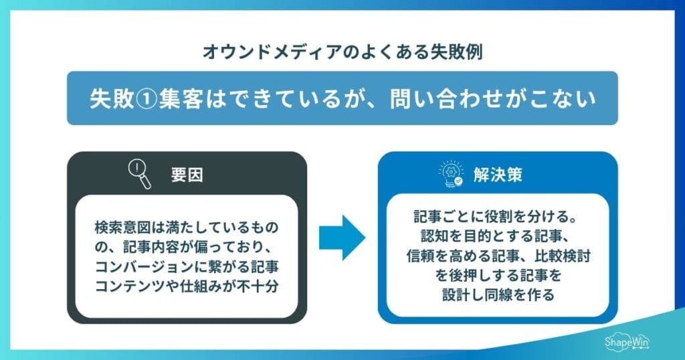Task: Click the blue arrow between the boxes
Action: click(x=342, y=237)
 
